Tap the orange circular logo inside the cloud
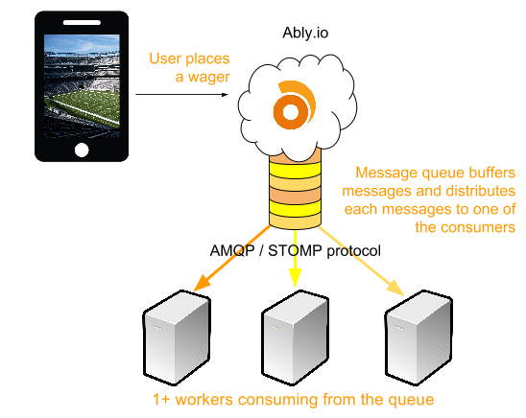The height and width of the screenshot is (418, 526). (289, 107)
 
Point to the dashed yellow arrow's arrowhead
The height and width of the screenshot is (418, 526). (295, 279)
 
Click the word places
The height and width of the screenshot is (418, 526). (208, 59)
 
